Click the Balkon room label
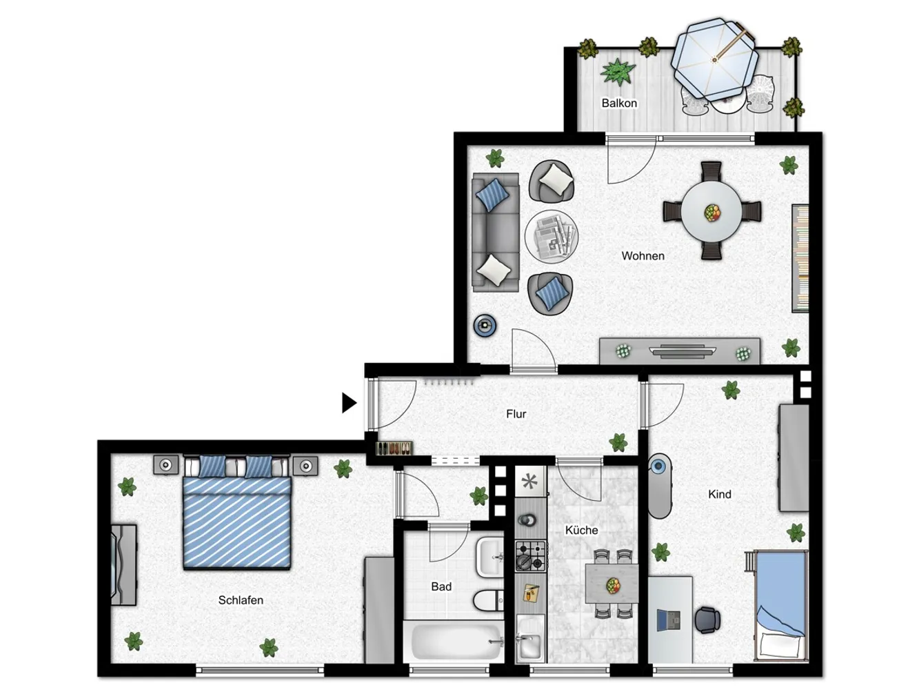619,103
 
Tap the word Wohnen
643,255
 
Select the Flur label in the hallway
516,414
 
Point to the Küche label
581,530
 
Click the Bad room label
441,586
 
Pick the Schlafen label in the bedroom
241,600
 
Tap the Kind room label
720,494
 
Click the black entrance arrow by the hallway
349,403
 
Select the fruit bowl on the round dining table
712,213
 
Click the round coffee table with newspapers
552,237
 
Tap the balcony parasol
715,60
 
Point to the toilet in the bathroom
489,600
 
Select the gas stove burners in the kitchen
531,556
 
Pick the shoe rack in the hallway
394,448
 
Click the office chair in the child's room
707,620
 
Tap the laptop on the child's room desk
669,620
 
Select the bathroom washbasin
490,558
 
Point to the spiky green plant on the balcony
618,72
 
